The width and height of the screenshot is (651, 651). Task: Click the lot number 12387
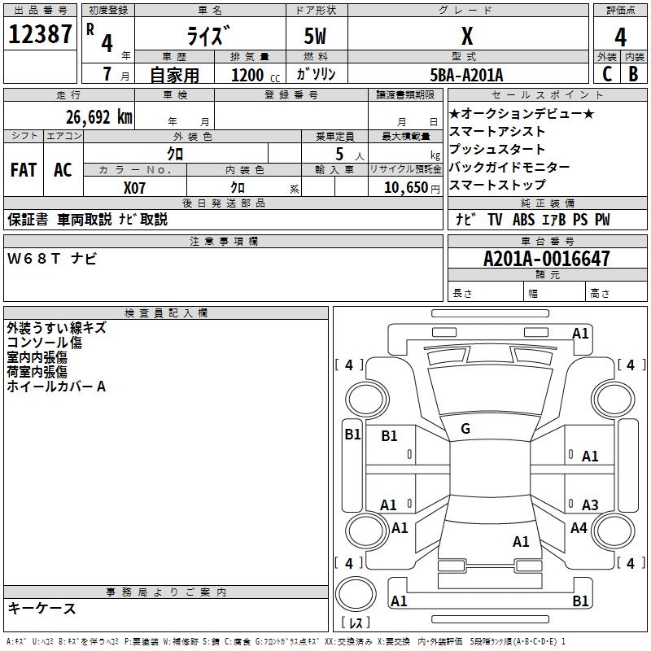(42, 35)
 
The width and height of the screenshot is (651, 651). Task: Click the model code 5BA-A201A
(466, 75)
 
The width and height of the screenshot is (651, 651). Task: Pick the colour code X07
(135, 187)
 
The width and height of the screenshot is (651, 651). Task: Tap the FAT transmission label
(23, 170)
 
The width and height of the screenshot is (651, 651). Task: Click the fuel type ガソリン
(317, 74)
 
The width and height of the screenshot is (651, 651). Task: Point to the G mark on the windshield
(465, 429)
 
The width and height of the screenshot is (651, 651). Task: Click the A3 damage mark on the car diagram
(590, 505)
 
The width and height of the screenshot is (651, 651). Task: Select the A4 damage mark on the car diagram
(579, 528)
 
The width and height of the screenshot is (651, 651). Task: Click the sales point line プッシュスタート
(497, 149)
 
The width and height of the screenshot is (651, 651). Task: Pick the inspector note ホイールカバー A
(56, 387)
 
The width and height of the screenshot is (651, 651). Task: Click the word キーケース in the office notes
(42, 608)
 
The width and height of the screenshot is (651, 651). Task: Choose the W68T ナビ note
(52, 259)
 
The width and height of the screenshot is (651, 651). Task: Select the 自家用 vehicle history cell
(174, 75)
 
